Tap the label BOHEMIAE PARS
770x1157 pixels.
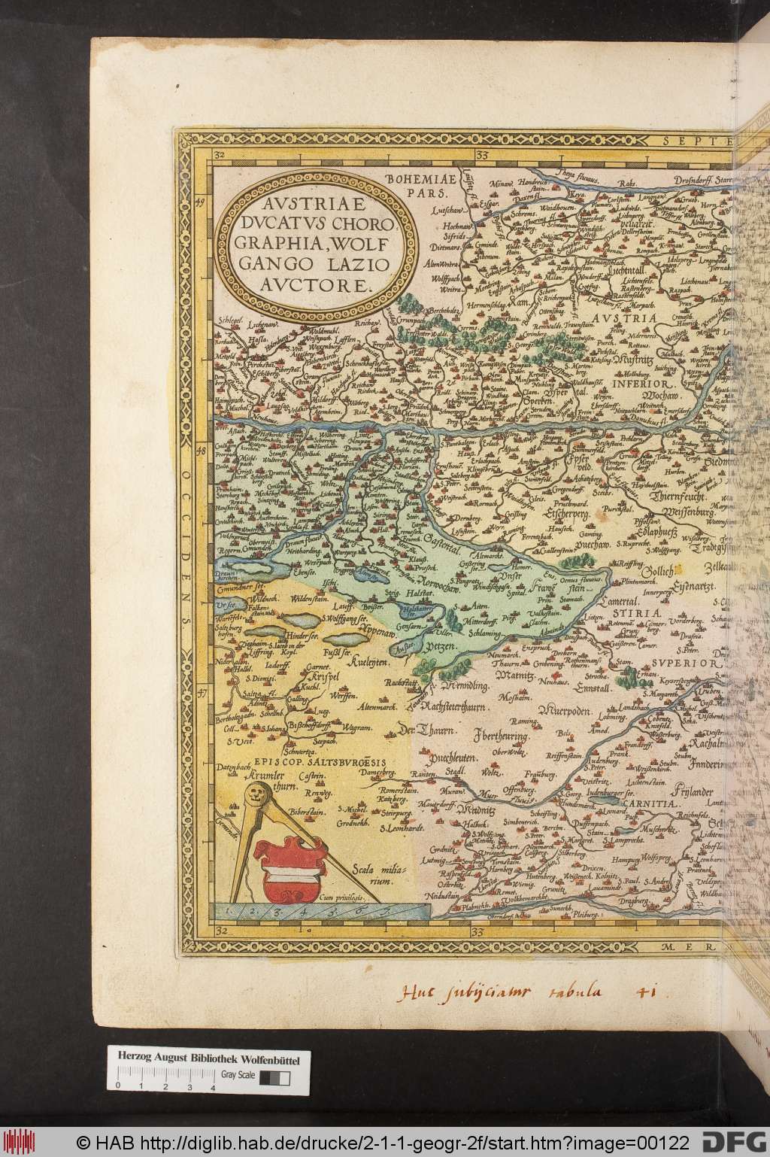pyautogui.click(x=411, y=184)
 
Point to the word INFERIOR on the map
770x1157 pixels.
pyautogui.click(x=638, y=382)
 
